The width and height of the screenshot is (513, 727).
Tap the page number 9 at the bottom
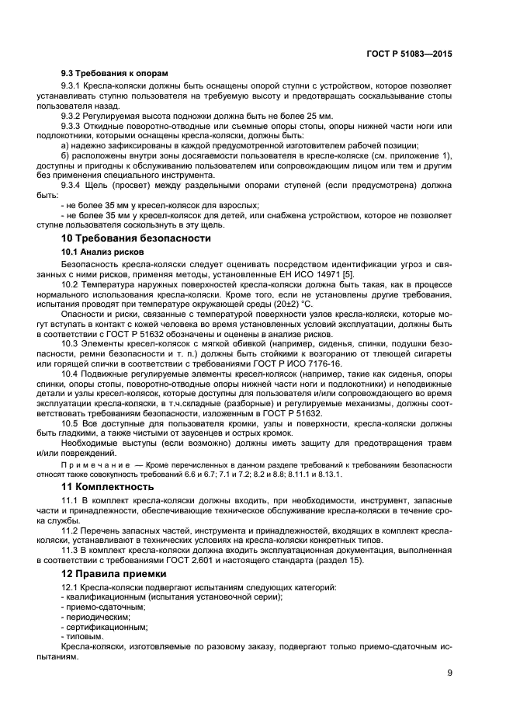(449, 673)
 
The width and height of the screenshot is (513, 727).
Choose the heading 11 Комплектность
(107, 486)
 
